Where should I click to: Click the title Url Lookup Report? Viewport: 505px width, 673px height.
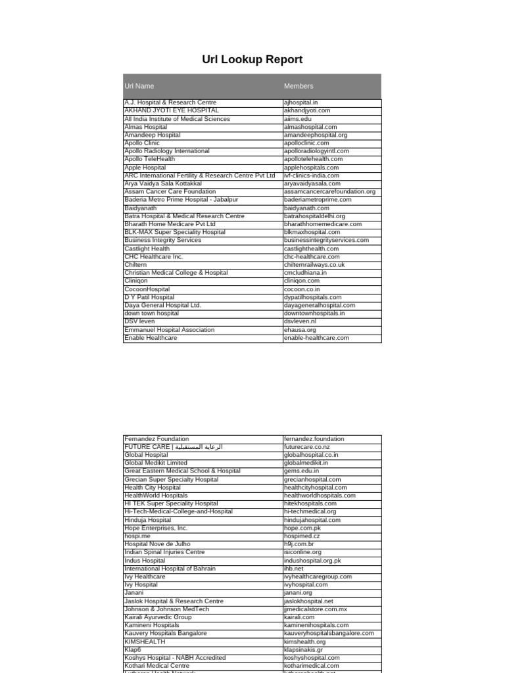pyautogui.click(x=252, y=60)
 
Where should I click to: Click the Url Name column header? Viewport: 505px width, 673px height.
pyautogui.click(x=139, y=86)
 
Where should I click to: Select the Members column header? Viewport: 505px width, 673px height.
pyautogui.click(x=299, y=86)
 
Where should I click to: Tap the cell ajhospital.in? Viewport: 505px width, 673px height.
pyautogui.click(x=301, y=103)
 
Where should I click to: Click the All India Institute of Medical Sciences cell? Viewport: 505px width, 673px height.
pyautogui.click(x=178, y=119)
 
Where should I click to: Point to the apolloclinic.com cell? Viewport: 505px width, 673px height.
pyautogui.click(x=306, y=143)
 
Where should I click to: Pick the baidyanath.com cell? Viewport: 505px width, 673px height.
pyautogui.click(x=306, y=208)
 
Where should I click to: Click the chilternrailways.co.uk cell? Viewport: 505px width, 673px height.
pyautogui.click(x=314, y=264)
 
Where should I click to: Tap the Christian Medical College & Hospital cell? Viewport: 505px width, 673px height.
pyautogui.click(x=176, y=272)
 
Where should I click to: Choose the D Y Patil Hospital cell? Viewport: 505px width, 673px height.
pyautogui.click(x=149, y=297)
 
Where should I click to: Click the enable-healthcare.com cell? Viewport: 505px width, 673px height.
pyautogui.click(x=316, y=338)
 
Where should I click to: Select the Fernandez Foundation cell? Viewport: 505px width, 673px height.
pyautogui.click(x=156, y=439)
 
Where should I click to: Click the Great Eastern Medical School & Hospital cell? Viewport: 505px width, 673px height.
pyautogui.click(x=182, y=471)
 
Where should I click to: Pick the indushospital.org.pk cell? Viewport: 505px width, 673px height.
pyautogui.click(x=312, y=561)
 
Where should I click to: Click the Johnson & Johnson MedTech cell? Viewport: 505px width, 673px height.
pyautogui.click(x=167, y=609)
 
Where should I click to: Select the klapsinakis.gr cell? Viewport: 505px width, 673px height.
pyautogui.click(x=303, y=649)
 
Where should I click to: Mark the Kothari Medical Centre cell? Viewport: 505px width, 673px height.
pyautogui.click(x=156, y=665)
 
